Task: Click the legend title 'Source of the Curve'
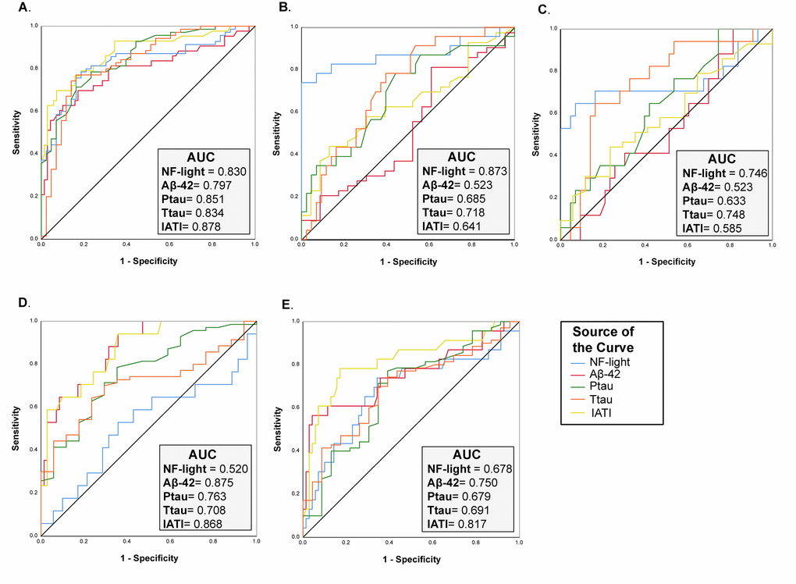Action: pos(603,340)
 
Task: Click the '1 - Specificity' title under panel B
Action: pos(409,262)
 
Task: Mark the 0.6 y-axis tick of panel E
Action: pos(294,408)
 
